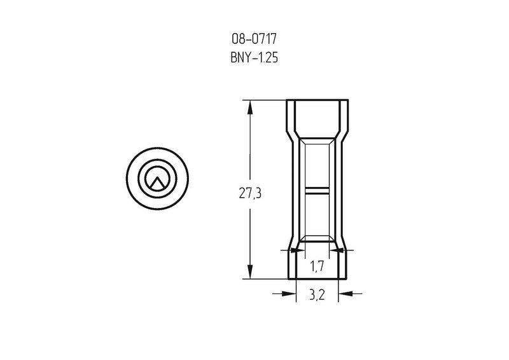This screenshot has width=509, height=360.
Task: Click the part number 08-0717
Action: coord(254,39)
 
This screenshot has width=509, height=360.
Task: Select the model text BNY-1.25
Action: coord(254,58)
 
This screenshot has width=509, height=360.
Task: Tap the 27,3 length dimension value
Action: coord(250,194)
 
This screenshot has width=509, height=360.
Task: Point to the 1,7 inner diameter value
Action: coord(317,267)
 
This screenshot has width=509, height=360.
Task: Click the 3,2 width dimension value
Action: coord(317,295)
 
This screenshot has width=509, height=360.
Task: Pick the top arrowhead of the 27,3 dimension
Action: coord(250,107)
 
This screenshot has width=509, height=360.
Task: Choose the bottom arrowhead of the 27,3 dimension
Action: coord(250,272)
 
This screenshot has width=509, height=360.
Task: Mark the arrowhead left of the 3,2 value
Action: coord(289,293)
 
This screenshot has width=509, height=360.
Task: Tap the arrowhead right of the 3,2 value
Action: coord(345,293)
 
